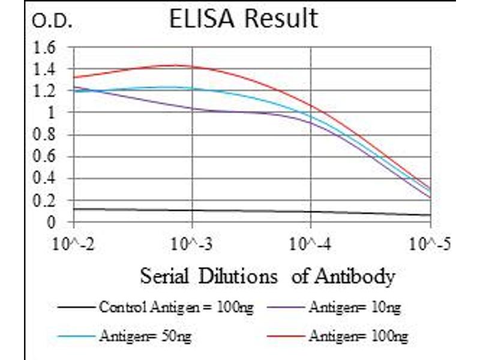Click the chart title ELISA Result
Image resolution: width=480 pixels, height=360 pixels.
(x=243, y=19)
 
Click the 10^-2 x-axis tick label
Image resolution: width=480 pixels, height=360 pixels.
(x=74, y=245)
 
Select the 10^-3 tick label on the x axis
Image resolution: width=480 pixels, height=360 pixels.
(x=192, y=245)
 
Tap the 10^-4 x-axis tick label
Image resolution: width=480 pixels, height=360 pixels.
(x=311, y=245)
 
